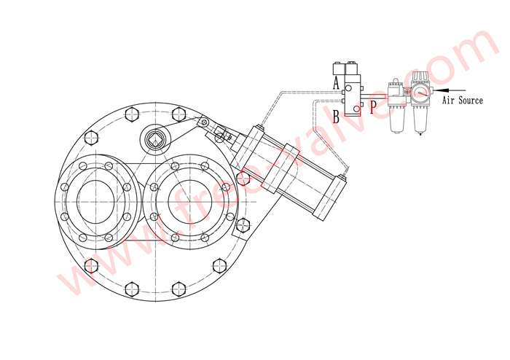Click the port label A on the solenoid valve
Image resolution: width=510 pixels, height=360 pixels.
click(x=336, y=83)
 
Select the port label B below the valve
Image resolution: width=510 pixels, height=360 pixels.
click(x=336, y=115)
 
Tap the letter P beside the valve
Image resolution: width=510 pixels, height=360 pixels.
click(x=372, y=107)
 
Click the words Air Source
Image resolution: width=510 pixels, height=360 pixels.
click(x=463, y=100)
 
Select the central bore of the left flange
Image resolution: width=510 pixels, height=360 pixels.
click(x=96, y=197)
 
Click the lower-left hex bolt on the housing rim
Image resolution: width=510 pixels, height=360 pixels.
click(x=91, y=265)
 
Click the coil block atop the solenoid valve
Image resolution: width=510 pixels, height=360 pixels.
click(x=344, y=71)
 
